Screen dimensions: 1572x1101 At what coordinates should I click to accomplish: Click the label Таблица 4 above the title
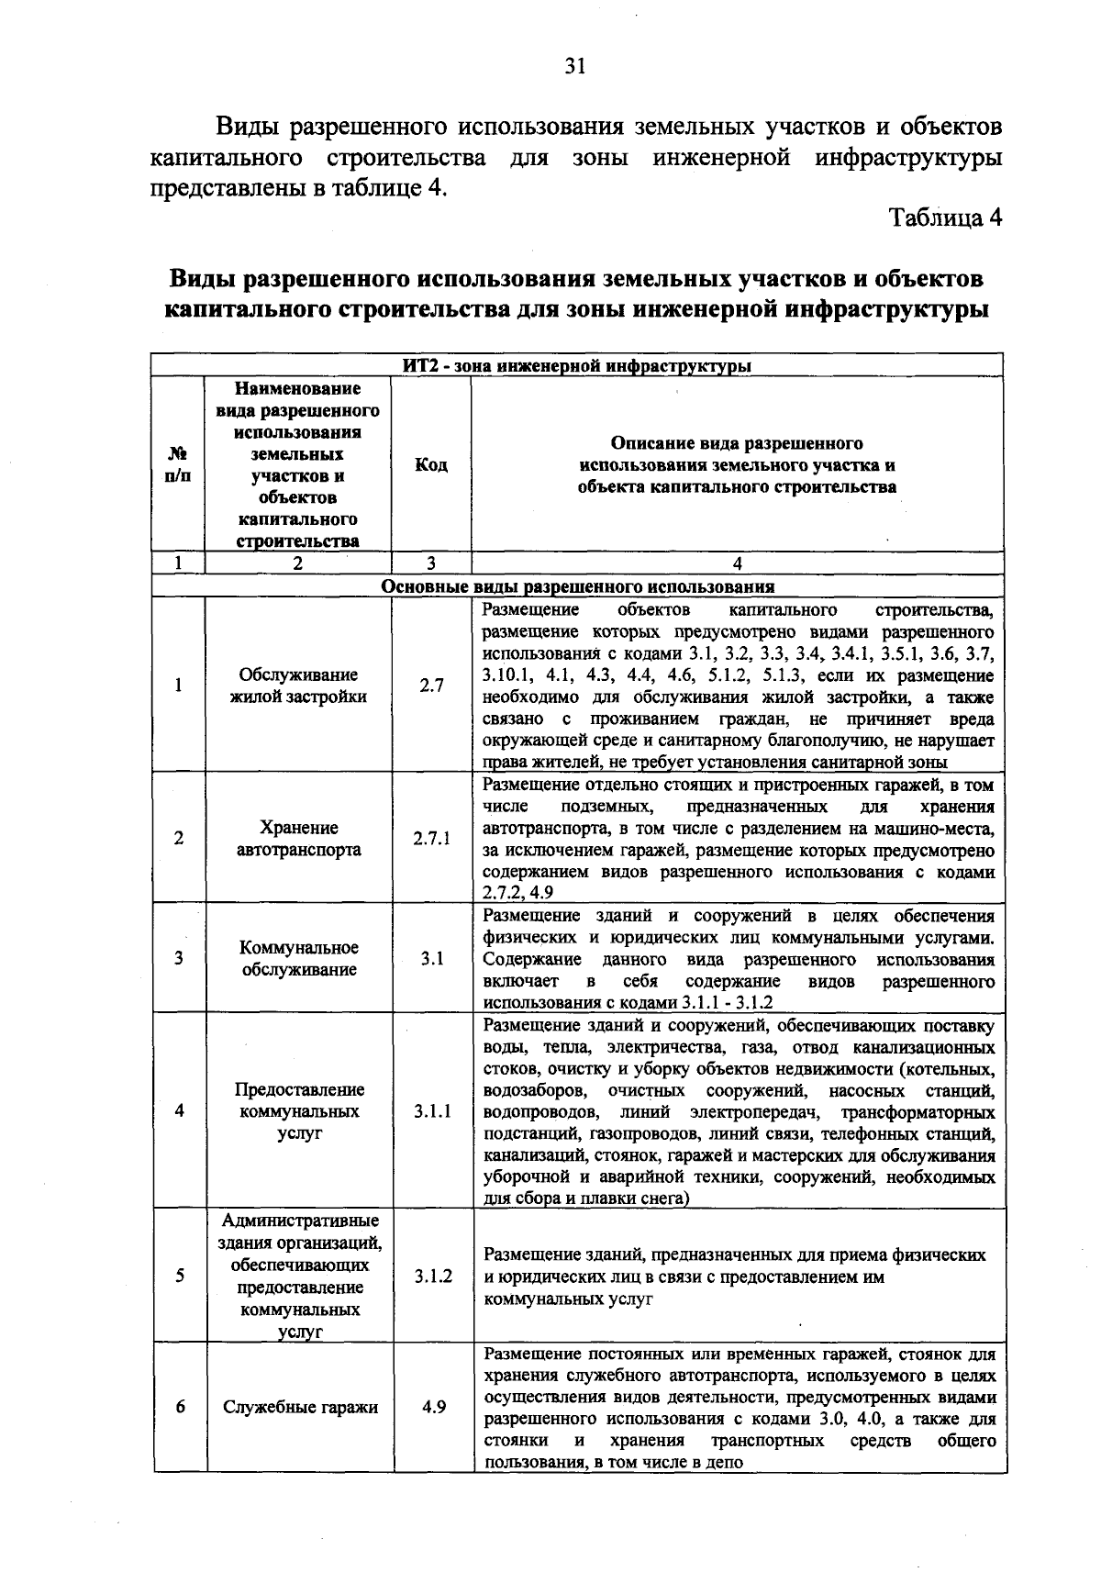[x=944, y=218]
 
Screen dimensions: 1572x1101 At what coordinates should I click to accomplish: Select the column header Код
[x=431, y=465]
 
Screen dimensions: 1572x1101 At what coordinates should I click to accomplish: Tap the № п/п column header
[x=178, y=465]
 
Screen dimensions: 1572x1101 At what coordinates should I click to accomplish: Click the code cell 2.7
[x=431, y=685]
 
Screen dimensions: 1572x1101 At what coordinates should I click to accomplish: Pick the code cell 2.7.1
[x=431, y=838]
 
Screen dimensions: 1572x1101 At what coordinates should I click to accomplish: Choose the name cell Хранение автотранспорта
[x=298, y=839]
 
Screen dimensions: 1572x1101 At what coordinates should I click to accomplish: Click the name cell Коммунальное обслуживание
[x=298, y=958]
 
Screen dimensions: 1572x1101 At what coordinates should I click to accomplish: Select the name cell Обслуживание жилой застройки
[x=298, y=686]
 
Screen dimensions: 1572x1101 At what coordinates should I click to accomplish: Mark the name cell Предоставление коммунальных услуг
[x=299, y=1111]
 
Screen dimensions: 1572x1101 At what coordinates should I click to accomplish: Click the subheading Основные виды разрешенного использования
[x=578, y=586]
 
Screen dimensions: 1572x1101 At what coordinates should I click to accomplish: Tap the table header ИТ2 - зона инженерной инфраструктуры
[x=578, y=367]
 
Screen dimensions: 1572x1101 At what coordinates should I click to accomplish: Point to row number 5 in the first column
[x=180, y=1276]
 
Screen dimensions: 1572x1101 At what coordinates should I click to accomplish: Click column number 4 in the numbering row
[x=738, y=563]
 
